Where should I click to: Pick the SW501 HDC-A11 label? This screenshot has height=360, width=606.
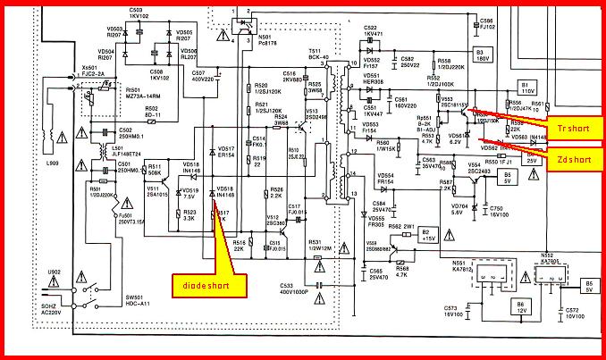[x=113, y=324]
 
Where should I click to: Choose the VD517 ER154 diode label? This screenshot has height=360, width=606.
[x=225, y=152]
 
